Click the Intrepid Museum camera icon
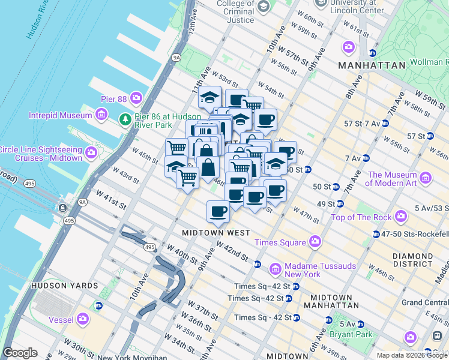pos(101,113)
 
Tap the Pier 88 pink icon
pos(137,97)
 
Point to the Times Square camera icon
pos(315,242)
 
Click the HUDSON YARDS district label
pos(61,286)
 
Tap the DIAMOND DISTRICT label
pos(412,260)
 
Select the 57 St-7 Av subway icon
pos(385,123)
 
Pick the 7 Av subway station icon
pos(366,158)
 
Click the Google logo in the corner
pos(20,353)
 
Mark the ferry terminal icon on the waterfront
pos(62,209)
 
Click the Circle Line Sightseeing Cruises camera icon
pos(91,153)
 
